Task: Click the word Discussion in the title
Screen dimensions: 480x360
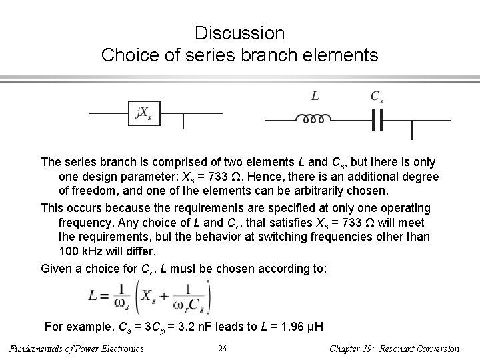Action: (240, 33)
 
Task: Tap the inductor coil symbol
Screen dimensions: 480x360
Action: (311, 119)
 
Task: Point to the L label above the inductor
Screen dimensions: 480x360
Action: (315, 96)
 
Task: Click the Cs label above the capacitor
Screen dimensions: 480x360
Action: (377, 96)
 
